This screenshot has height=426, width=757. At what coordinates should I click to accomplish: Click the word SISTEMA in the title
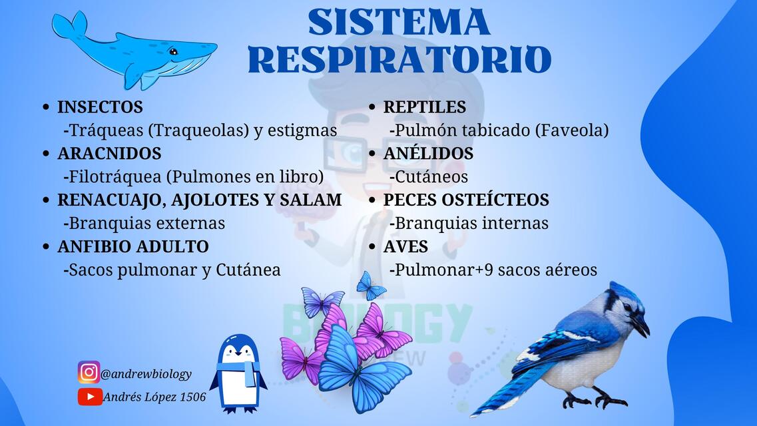399,22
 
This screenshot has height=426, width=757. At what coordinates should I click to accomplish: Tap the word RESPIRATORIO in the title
399,60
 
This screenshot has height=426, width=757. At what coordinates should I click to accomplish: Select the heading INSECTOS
100,107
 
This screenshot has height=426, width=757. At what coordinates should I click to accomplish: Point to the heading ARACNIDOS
109,154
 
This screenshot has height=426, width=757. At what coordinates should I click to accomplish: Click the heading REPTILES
424,107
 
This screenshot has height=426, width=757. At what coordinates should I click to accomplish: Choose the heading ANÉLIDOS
428,154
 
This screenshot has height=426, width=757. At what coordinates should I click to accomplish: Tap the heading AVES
405,247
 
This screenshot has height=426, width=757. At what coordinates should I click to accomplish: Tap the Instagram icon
89,373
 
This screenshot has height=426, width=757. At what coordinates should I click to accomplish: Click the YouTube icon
89,397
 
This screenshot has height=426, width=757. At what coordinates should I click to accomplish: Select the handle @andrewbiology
146,374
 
